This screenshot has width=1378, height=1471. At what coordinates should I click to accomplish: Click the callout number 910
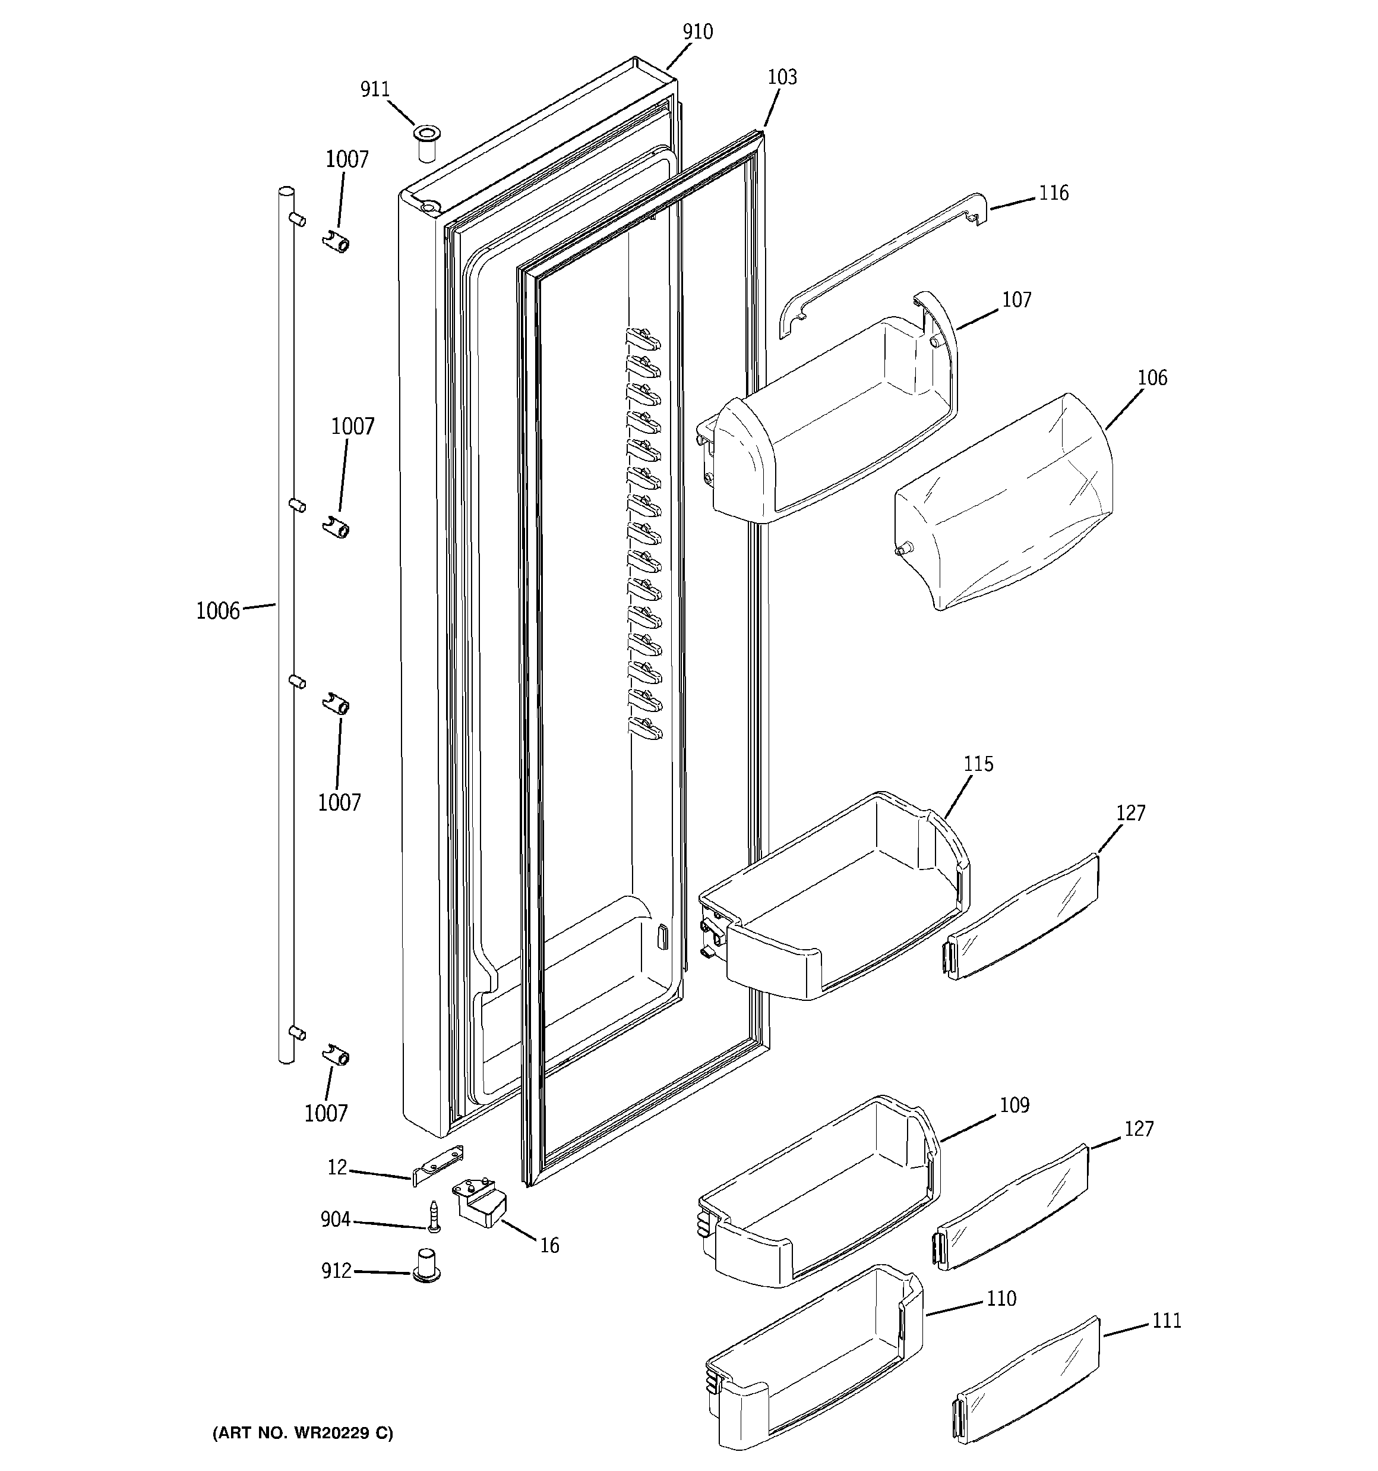pyautogui.click(x=697, y=32)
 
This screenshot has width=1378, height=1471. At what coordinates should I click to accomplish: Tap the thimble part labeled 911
pyautogui.click(x=426, y=142)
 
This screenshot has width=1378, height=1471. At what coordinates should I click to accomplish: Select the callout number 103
pyautogui.click(x=782, y=77)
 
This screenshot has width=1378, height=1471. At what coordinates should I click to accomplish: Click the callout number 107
pyautogui.click(x=1016, y=300)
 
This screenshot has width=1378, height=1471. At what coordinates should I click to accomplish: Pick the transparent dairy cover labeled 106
pyautogui.click(x=1006, y=503)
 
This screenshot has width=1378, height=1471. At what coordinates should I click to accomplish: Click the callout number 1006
pyautogui.click(x=217, y=611)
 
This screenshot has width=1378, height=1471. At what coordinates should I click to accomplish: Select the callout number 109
pyautogui.click(x=1014, y=1105)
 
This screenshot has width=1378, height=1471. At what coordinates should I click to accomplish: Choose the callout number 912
pyautogui.click(x=336, y=1271)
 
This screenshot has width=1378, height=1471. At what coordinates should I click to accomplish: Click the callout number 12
pyautogui.click(x=337, y=1168)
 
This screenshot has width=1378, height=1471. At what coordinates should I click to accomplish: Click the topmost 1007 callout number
pyautogui.click(x=347, y=159)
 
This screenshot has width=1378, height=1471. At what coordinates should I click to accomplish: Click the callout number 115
pyautogui.click(x=978, y=764)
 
